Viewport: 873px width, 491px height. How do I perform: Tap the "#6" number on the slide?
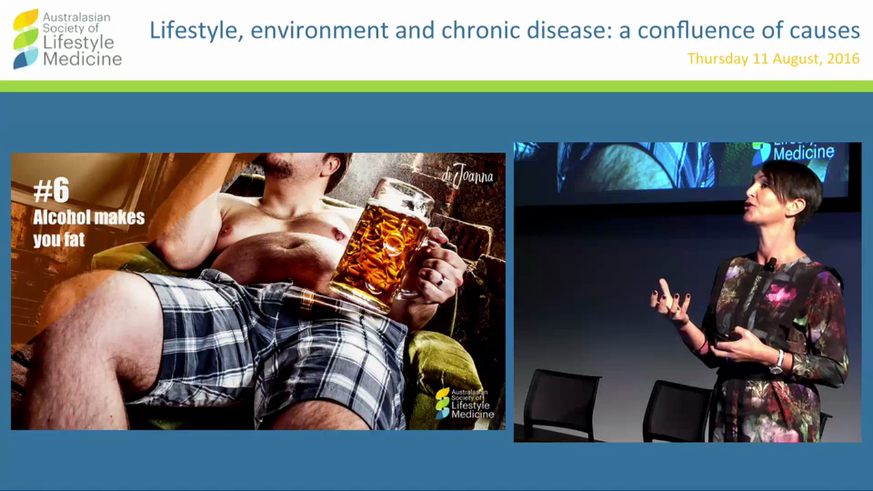51,192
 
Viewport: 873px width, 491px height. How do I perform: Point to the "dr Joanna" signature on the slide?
467,175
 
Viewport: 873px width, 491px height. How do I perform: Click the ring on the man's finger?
441,280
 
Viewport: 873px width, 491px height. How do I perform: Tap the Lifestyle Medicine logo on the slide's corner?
465,403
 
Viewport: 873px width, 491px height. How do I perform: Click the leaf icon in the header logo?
26,39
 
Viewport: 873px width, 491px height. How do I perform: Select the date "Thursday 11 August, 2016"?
773,59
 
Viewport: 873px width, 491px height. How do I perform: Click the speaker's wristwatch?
776,362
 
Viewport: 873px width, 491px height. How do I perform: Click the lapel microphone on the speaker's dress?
771,263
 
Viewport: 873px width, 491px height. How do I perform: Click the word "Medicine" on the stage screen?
803,153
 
